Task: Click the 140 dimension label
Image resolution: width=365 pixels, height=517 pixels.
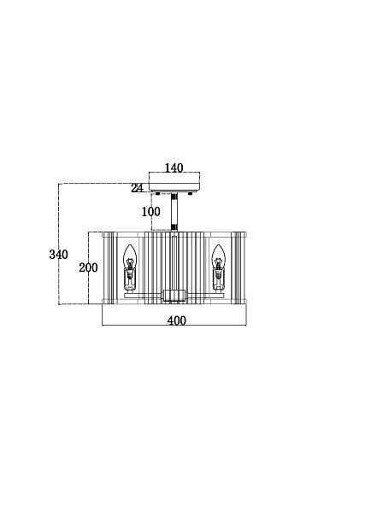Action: (174, 167)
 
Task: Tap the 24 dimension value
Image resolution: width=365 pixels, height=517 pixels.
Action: (138, 188)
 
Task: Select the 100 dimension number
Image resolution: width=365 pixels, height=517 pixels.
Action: (151, 212)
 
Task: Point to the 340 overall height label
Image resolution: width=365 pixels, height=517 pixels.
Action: (59, 255)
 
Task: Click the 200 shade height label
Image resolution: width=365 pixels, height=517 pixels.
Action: (88, 267)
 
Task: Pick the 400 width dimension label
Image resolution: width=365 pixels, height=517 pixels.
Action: (177, 320)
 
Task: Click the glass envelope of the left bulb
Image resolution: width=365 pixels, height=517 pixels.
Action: (130, 257)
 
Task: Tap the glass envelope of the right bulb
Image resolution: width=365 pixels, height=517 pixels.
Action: (218, 257)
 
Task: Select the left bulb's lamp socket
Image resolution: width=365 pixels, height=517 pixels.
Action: (130, 279)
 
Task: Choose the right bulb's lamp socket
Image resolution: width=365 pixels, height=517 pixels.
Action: (218, 279)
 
